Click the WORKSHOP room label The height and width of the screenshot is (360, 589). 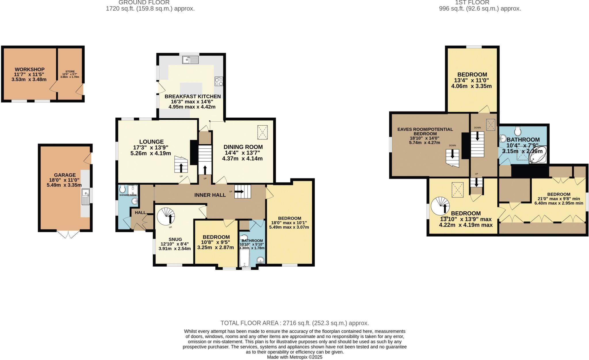pos(30,69)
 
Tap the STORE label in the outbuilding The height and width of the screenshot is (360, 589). pos(70,72)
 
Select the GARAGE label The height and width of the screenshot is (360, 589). pos(65,175)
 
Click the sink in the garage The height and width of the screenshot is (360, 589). pos(86,197)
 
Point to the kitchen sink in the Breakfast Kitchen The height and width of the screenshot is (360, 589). pos(190,60)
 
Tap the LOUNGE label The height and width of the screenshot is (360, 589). pos(151,142)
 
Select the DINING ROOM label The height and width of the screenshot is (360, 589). pos(243,147)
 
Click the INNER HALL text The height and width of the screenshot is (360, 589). pos(210,195)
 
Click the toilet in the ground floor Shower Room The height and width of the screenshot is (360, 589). pos(123,189)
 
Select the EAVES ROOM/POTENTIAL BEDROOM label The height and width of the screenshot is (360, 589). pos(425,131)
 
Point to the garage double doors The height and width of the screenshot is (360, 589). pos(68,234)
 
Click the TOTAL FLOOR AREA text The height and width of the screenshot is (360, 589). pos(294,323)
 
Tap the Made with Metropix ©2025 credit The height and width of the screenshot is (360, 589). pos(294,357)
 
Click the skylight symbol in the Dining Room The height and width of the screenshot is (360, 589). pos(262,132)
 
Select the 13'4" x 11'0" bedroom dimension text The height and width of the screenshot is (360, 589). pos(472,80)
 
